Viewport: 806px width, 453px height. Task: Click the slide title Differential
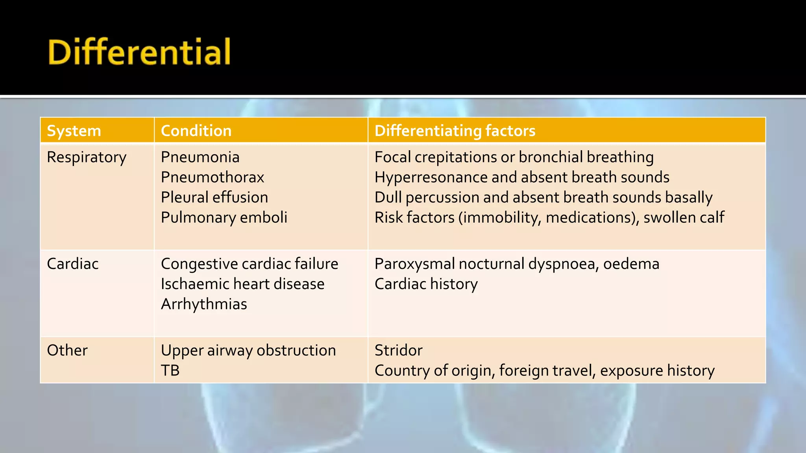pos(139,52)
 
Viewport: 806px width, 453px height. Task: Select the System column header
pos(74,131)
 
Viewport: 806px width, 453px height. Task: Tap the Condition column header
pos(196,131)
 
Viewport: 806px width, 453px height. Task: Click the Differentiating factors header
pos(455,131)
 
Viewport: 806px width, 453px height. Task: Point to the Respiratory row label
pos(87,157)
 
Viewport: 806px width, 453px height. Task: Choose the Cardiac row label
pos(73,264)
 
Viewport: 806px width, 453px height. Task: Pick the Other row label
pos(67,350)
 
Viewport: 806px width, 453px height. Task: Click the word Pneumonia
pos(200,157)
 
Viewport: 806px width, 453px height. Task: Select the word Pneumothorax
pos(213,177)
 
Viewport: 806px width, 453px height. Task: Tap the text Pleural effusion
pos(214,197)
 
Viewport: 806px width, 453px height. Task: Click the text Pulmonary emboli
pos(224,217)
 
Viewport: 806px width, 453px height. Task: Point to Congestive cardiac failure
pos(250,264)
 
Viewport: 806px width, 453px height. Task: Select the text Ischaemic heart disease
pos(242,284)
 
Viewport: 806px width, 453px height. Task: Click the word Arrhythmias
pos(204,304)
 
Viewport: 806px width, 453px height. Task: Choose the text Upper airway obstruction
pos(248,350)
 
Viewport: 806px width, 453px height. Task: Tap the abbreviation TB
pos(170,370)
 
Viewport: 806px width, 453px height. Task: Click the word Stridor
pos(398,350)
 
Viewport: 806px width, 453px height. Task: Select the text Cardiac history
pos(426,284)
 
